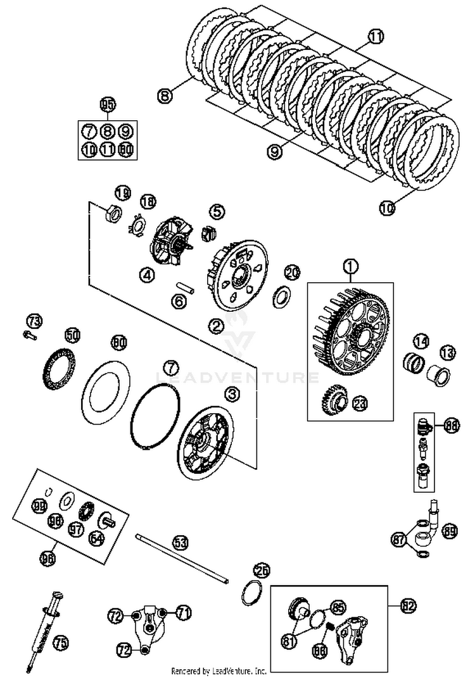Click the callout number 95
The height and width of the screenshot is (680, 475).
107,105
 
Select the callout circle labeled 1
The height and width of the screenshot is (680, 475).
350,268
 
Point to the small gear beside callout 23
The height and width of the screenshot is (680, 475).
332,399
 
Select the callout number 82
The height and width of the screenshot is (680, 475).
408,605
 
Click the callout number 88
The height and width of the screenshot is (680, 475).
452,426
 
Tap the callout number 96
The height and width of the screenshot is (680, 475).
48,558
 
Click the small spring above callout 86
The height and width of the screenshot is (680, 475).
329,627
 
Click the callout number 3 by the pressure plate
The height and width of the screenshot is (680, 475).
233,394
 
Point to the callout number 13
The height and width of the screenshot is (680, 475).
448,352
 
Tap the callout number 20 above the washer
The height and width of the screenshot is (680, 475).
291,272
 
